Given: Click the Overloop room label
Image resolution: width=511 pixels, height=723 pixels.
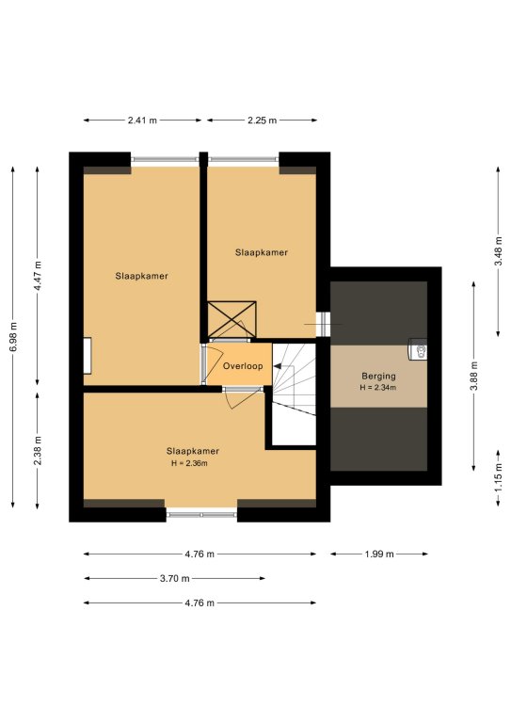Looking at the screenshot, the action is point(243,366).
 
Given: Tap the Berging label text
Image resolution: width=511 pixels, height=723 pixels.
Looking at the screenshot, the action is point(378,377).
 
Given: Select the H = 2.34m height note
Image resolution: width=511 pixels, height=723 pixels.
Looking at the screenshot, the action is point(377,388).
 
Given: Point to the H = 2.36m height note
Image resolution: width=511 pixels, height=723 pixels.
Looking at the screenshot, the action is point(189,463).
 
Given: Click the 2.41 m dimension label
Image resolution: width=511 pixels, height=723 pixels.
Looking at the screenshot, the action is point(142,120).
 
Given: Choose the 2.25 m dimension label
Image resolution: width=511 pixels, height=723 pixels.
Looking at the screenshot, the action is point(263,120).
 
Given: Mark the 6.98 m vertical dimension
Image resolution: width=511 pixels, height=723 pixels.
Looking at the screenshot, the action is point(13,337).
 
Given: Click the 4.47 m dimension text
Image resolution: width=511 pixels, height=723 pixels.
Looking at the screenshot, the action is point(38,276).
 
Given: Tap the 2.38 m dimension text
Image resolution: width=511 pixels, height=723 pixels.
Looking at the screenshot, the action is point(38,451).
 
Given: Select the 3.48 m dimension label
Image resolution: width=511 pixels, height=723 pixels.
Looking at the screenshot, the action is point(498,251).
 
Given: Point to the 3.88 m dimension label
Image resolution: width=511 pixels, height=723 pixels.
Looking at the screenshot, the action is point(473,376).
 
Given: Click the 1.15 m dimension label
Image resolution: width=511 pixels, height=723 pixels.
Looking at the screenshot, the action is point(498,477).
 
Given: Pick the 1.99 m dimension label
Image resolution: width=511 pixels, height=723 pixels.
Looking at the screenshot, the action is point(379,554).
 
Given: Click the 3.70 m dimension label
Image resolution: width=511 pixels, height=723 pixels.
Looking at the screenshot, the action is point(175,579).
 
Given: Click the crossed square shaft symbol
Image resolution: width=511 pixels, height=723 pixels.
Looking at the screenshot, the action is point(232,319).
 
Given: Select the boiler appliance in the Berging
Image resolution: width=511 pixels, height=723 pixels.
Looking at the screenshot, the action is point(418,348).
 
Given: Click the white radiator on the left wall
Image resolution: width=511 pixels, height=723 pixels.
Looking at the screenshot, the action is point(88,356).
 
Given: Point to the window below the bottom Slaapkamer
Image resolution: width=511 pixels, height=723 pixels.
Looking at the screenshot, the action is point(201,514).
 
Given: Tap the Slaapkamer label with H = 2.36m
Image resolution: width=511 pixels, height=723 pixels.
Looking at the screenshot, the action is point(193,451).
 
